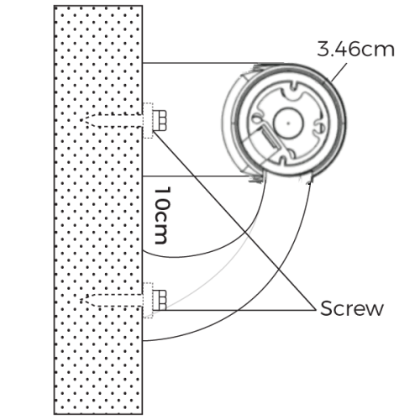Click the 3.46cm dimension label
[x=355, y=48]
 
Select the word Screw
[x=351, y=307]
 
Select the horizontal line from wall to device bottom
[x=197, y=176]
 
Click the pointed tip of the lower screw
[x=87, y=300]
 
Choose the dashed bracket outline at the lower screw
[x=149, y=300]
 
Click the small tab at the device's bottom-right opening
[x=312, y=176]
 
